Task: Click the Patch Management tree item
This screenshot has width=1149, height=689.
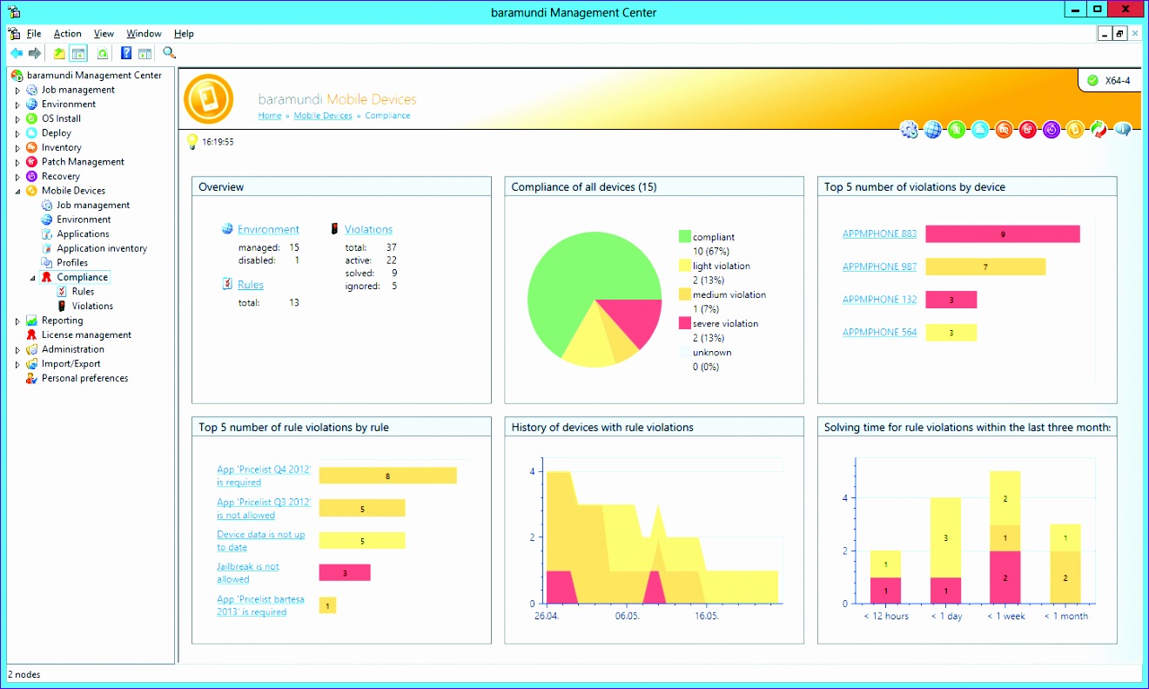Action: point(83,162)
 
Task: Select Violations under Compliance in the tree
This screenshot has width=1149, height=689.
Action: point(92,306)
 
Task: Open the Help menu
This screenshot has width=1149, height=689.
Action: point(184,33)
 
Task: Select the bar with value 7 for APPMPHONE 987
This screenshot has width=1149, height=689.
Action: point(984,267)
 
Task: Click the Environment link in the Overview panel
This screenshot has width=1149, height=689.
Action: point(268,230)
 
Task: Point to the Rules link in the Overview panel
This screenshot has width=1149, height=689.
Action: point(250,285)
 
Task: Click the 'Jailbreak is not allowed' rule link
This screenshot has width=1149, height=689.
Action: point(247,572)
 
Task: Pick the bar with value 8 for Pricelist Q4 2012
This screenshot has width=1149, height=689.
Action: point(387,476)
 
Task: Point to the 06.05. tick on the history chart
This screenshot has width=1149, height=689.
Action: point(627,616)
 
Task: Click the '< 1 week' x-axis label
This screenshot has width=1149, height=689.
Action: point(1005,616)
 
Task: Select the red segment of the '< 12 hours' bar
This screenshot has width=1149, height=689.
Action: point(886,591)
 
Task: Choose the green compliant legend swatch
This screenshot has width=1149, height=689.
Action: point(685,237)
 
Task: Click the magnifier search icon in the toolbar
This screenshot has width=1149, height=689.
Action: point(169,53)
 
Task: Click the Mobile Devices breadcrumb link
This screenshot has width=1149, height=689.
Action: point(323,116)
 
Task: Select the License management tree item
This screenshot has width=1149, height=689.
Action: point(86,334)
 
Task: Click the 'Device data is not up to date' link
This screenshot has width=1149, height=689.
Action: point(260,541)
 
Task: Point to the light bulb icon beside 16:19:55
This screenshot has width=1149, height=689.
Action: point(193,141)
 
